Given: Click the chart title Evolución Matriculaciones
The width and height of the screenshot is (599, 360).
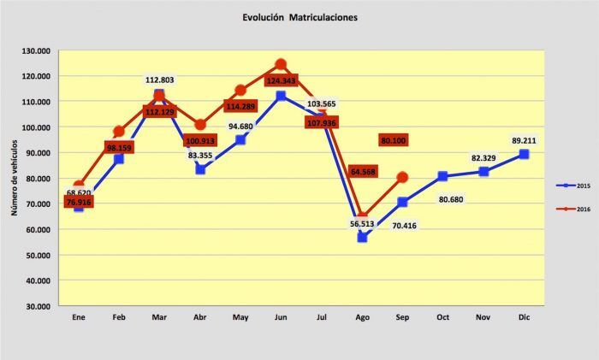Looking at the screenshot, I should [299, 16].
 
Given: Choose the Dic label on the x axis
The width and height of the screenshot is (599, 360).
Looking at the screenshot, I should [524, 318].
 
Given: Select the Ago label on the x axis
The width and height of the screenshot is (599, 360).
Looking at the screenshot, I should [362, 318].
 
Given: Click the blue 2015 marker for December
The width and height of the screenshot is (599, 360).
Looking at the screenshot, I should [524, 155].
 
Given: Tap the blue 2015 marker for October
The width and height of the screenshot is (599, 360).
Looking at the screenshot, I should [442, 176].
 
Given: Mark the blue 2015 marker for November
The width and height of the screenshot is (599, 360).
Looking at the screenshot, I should [483, 171].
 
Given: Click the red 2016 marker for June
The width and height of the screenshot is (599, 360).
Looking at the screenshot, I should [281, 64].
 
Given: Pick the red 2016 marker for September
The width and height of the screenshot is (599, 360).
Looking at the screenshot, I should [402, 177].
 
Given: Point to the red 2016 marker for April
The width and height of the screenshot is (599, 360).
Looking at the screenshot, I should [200, 125].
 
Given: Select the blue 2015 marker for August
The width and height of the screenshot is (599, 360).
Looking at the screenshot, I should [362, 237].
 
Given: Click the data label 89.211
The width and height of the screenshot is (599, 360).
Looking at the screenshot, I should [524, 139].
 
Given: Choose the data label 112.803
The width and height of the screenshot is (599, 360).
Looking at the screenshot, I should [159, 80].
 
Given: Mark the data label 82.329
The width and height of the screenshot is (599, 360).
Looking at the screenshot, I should [483, 157].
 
